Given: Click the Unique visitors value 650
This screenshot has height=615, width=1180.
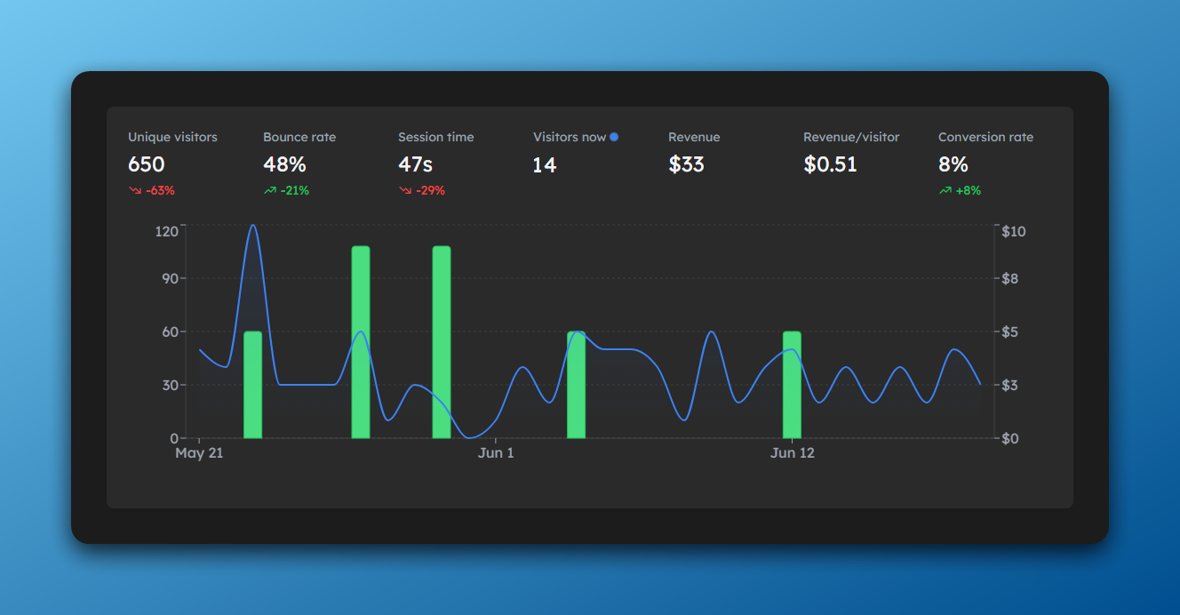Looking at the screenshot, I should pyautogui.click(x=147, y=164).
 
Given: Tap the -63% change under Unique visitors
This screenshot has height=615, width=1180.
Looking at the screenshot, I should pyautogui.click(x=152, y=190).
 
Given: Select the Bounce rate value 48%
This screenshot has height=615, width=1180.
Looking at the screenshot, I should pyautogui.click(x=284, y=164).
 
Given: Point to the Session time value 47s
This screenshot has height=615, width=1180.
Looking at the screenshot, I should pyautogui.click(x=415, y=164).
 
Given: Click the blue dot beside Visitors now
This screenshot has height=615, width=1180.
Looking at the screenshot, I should pyautogui.click(x=614, y=137).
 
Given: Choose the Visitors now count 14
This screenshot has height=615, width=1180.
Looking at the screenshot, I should pyautogui.click(x=545, y=164).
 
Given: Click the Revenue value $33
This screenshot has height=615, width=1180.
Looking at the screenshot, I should pyautogui.click(x=686, y=164).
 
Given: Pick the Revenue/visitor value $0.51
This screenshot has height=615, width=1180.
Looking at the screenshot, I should pyautogui.click(x=830, y=164).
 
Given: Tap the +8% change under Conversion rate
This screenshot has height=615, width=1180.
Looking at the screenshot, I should pyautogui.click(x=961, y=190).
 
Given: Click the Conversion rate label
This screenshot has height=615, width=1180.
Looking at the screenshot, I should pyautogui.click(x=985, y=137).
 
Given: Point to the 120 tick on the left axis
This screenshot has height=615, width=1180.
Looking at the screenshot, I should pyautogui.click(x=167, y=231).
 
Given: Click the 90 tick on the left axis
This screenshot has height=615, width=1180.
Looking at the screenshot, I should pyautogui.click(x=170, y=278).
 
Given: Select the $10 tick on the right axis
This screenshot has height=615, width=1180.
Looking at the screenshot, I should pyautogui.click(x=1014, y=231).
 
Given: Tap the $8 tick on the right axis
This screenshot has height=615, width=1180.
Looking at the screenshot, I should pyautogui.click(x=1011, y=278).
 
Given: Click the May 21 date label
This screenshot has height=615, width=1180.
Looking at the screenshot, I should pyautogui.click(x=199, y=453).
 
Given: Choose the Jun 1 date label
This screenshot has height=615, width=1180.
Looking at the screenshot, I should pyautogui.click(x=496, y=453).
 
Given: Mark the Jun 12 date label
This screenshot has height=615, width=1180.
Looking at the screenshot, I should pyautogui.click(x=792, y=453).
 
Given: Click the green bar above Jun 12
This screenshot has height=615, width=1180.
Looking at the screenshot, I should pyautogui.click(x=792, y=384).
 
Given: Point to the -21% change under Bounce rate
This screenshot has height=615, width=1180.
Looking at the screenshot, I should pyautogui.click(x=287, y=190).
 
